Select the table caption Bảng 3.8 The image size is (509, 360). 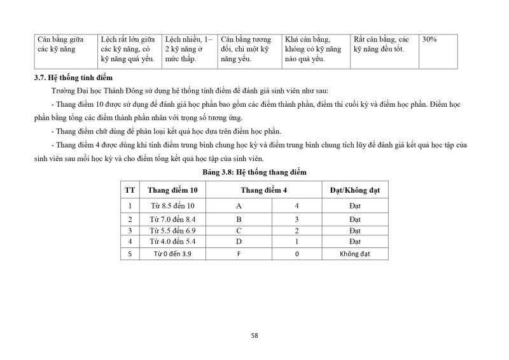[x=254, y=172]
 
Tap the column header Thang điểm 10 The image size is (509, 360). [x=172, y=190]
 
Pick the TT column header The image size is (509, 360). [x=130, y=190]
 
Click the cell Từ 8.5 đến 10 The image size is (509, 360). [x=172, y=206]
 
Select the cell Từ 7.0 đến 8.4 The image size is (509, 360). [x=172, y=219]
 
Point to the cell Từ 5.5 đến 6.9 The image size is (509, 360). [x=172, y=230]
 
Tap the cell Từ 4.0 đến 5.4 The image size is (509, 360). [x=172, y=242]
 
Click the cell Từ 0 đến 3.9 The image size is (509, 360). [x=172, y=253]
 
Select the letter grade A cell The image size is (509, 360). [x=239, y=206]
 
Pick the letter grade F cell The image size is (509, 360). [x=239, y=253]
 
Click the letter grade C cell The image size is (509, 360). [x=239, y=230]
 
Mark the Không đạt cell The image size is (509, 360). [x=355, y=253]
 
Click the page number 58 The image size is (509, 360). [x=254, y=335]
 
